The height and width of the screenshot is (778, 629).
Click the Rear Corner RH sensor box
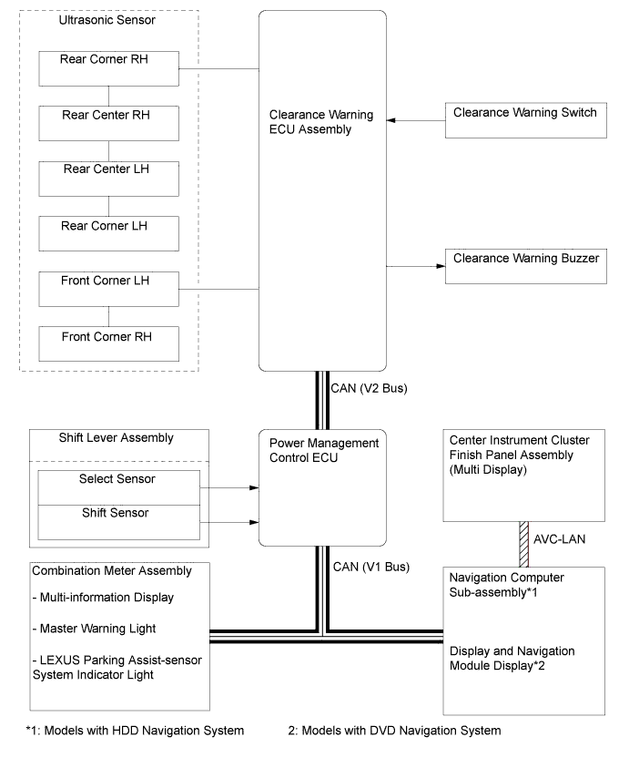coord(108,68)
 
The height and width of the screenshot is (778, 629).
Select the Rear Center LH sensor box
coord(108,179)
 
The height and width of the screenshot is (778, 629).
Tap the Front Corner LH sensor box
coord(108,289)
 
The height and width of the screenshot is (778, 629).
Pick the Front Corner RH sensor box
coord(108,343)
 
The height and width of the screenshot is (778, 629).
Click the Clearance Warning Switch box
coord(526,120)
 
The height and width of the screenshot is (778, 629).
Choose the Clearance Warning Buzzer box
coord(526,266)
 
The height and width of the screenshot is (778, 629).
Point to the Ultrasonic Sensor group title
coord(107,20)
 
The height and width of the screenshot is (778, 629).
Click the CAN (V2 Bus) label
coord(370,388)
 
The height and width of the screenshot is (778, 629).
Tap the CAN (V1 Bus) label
coord(371,567)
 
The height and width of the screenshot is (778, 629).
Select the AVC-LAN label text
coord(559,539)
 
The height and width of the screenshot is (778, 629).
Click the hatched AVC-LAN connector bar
coord(524,544)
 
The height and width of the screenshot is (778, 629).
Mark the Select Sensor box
coord(119,487)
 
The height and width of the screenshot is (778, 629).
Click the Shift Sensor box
coord(119,523)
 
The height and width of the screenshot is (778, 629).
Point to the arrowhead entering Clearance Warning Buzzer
coord(441,266)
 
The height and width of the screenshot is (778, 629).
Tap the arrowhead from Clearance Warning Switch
coord(391,120)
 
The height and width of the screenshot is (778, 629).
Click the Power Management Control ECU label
coord(324,450)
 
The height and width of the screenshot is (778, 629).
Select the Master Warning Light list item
coord(94,629)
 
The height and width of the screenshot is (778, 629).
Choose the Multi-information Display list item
coord(103,598)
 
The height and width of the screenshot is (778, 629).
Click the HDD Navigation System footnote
coord(135,731)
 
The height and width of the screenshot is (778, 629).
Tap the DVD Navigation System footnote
coord(394,731)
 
